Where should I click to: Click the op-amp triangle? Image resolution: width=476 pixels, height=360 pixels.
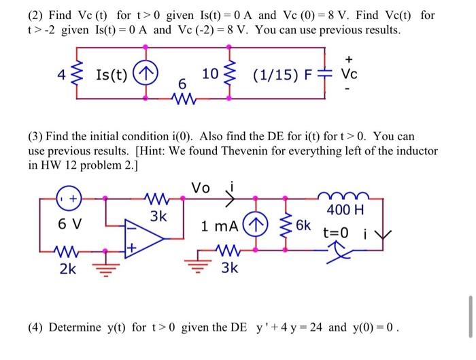(x=145, y=238)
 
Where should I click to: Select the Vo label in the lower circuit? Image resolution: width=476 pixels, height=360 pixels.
(x=202, y=186)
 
